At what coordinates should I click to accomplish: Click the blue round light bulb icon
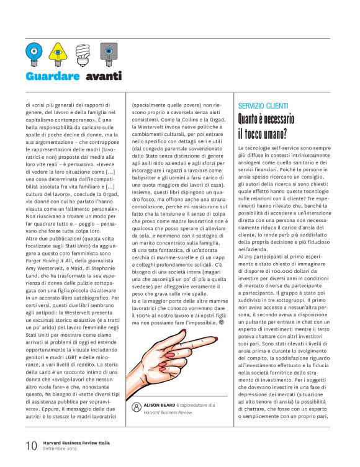pos(34,52)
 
